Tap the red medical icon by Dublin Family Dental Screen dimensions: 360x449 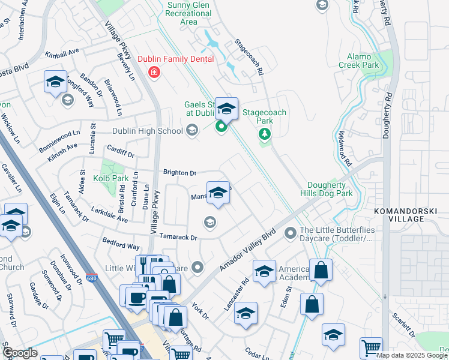pos(154,73)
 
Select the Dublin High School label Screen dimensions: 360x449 pos(148,131)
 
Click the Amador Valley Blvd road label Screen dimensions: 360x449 pos(247,248)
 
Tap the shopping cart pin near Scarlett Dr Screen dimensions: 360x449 pos(371,347)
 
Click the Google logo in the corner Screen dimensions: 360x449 pos(20,353)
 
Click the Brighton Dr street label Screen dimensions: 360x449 pos(180,173)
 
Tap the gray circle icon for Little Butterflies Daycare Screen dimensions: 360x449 pos(291,232)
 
